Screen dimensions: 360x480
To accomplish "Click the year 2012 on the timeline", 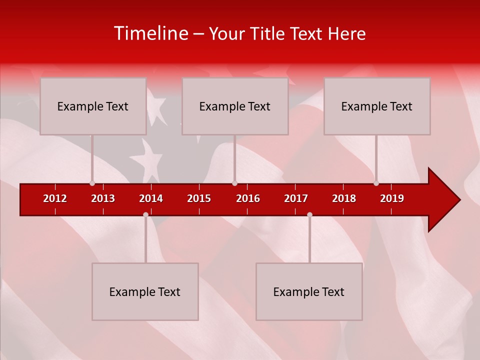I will coord(55,198).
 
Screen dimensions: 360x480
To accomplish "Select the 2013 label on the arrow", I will coord(103,198).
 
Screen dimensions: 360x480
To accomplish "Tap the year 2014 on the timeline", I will coord(151,198).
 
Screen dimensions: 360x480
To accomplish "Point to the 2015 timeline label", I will coord(199,198).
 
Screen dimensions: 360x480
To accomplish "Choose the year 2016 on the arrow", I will coord(248,198).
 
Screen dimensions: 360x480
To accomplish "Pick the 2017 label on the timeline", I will coord(296,198).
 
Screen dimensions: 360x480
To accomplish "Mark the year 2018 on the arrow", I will coord(344,198).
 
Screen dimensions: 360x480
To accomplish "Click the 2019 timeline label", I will coord(392,198).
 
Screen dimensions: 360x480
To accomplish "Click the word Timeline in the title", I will coord(150,33).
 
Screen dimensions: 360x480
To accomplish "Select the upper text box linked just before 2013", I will coord(93,106).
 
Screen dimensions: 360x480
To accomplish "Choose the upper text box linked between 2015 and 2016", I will coord(235,106).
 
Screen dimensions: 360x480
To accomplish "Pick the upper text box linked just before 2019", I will coord(377,106).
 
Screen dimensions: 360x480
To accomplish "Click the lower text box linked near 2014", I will coord(145,291).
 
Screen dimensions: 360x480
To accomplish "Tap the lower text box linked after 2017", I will coord(309,291).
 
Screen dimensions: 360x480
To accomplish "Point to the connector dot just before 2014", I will coord(145,214).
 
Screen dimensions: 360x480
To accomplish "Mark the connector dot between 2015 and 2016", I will coord(234,183).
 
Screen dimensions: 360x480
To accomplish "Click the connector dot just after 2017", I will coord(309,214).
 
